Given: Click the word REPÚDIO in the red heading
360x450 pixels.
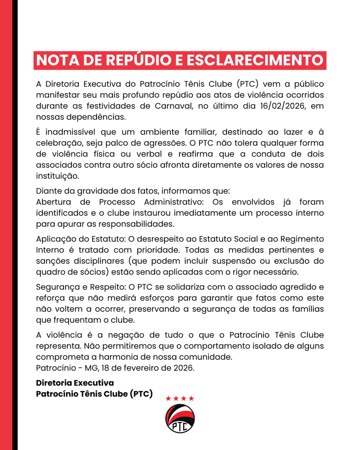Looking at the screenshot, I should [138, 60].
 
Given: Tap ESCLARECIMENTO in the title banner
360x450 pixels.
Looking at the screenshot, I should [255, 60].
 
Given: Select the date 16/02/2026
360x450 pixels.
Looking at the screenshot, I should [282, 106].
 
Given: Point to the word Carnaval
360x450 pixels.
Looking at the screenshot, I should [174, 106].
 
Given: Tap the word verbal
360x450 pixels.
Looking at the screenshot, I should [149, 154].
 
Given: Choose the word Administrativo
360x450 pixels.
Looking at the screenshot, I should [174, 202].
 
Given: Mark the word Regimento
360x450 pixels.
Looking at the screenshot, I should [302, 239].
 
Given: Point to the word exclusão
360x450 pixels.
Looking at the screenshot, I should [291, 261].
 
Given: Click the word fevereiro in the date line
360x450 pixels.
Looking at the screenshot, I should [140, 368].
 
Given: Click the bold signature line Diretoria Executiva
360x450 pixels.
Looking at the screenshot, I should [75, 383].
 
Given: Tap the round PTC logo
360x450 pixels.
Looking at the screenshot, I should [180, 419].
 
